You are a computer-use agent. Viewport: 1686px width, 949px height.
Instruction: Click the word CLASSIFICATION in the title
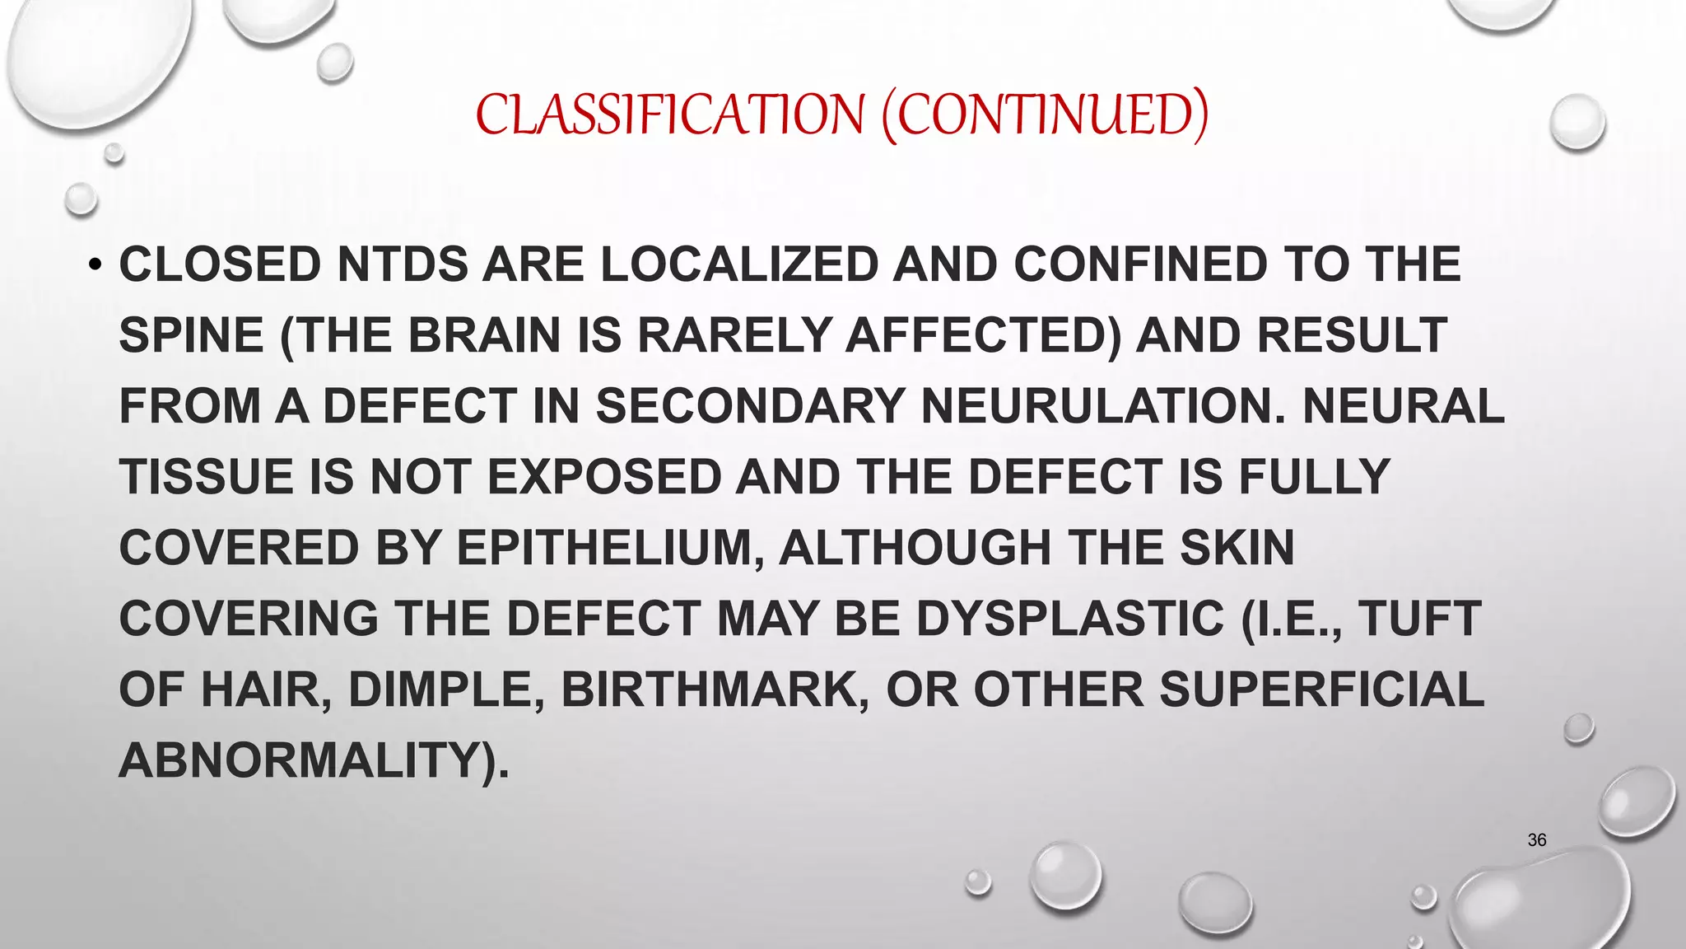[x=670, y=115]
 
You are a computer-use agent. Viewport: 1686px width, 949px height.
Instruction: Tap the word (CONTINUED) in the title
[x=1045, y=115]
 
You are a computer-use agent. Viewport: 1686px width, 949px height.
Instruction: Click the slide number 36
[x=1536, y=840]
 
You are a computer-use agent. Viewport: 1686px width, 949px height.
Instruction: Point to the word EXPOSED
[x=604, y=478]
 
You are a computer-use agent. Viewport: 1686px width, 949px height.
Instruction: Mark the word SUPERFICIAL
[x=1321, y=690]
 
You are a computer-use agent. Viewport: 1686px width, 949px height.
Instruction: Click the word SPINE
[x=191, y=336]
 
